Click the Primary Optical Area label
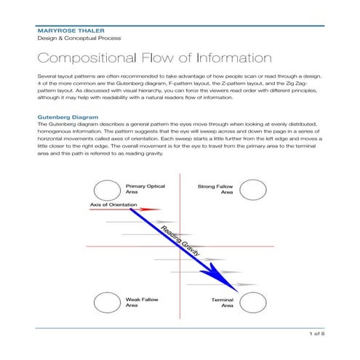(x=145, y=190)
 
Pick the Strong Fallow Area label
(x=215, y=190)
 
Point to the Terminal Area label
(x=222, y=303)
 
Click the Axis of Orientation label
(x=115, y=205)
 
